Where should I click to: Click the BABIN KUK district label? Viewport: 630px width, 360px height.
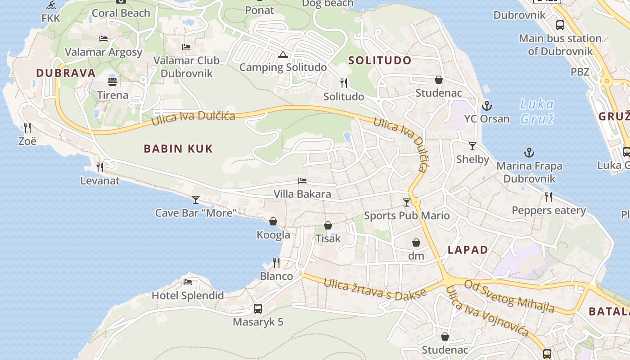point(178,148)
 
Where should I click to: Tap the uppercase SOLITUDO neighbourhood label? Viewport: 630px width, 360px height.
point(380,60)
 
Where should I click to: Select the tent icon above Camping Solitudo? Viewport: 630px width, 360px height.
point(283,55)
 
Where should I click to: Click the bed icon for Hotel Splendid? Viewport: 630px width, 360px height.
point(188,282)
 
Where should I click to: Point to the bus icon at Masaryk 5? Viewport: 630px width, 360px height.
point(258,309)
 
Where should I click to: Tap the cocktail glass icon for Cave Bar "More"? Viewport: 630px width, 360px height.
point(196,199)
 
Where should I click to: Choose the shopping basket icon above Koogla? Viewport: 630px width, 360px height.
point(273,221)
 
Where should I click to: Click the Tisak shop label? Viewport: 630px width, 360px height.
point(328,238)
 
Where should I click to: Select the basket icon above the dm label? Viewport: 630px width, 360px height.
point(416,243)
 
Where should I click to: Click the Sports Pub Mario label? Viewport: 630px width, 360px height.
point(406,216)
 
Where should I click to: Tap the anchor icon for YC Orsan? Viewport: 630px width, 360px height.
point(486,106)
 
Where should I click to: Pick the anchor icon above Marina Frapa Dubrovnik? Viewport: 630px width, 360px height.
point(529,153)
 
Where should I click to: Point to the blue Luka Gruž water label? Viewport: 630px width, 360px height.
point(537,111)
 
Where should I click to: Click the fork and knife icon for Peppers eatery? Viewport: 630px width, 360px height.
point(549,197)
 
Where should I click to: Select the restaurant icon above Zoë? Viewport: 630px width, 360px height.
point(27,128)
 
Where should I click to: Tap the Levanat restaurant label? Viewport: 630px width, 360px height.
point(100,181)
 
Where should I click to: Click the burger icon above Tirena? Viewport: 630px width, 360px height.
point(112,82)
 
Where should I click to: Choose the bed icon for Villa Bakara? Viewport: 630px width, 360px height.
point(302,181)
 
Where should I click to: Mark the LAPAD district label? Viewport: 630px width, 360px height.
point(468,250)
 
